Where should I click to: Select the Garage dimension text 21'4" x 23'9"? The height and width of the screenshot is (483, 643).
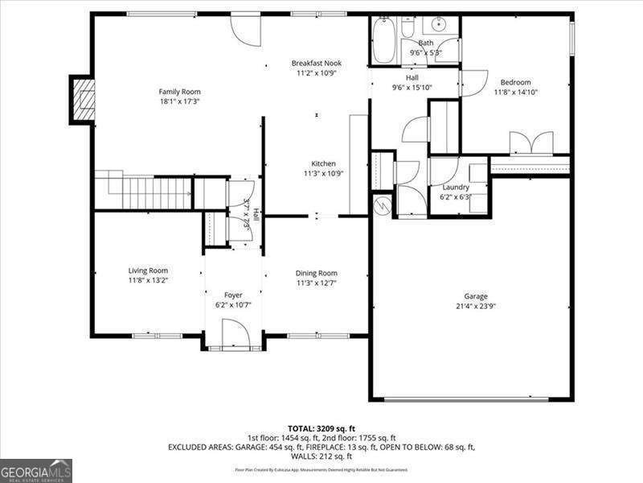click(x=475, y=306)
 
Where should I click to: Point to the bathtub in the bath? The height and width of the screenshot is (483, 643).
click(x=384, y=40)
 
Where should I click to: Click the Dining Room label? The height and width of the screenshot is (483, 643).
click(x=317, y=273)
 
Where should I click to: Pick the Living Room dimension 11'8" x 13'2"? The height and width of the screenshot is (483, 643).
click(x=148, y=281)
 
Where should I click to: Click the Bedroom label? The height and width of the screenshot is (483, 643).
click(x=515, y=82)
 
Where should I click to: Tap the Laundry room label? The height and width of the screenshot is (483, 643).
click(x=455, y=187)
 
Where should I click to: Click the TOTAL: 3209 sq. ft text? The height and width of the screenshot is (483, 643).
click(x=321, y=429)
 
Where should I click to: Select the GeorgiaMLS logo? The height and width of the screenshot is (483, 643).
click(x=36, y=470)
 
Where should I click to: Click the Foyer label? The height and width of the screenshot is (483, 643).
click(x=233, y=295)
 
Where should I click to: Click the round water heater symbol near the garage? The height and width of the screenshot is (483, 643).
click(x=383, y=205)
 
